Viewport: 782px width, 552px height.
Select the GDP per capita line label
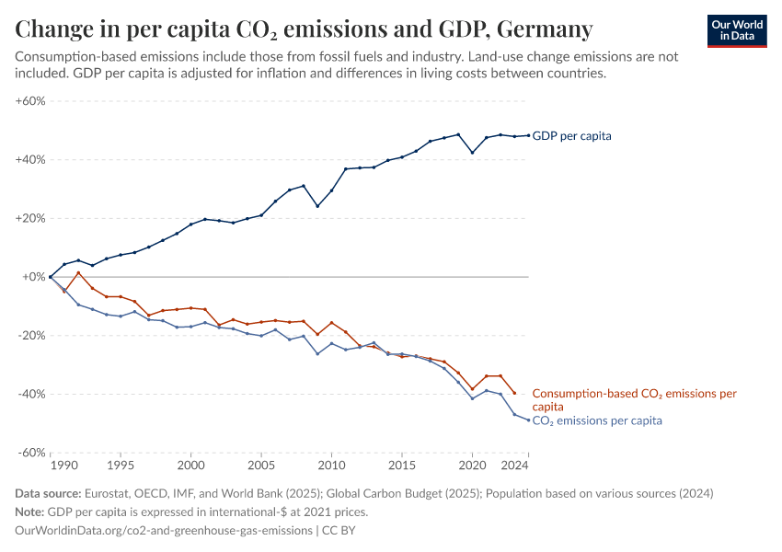[571, 136]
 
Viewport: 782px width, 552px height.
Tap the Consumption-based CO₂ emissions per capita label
[634, 399]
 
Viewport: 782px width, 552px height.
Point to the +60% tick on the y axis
[30, 101]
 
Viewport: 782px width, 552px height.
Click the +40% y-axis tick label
[30, 159]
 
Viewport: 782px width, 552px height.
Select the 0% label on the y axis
[34, 277]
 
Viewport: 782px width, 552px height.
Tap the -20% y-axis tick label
[31, 336]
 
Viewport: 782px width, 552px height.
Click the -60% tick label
[31, 453]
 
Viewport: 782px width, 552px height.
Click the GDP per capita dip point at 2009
[317, 206]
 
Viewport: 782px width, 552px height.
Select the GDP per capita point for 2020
[472, 153]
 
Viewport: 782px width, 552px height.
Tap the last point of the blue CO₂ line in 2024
[528, 420]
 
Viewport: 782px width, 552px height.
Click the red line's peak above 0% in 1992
[78, 272]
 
